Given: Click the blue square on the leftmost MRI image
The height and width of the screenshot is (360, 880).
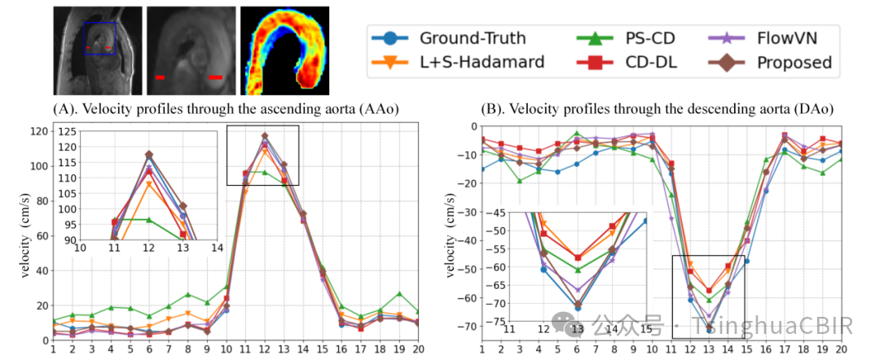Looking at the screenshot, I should tap(100, 39).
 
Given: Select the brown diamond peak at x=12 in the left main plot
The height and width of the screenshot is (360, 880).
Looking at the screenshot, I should tap(265, 136).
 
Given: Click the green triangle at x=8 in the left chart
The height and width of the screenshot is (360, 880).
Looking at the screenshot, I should tap(187, 295).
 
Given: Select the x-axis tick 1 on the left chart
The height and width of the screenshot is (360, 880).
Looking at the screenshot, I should tap(53, 349).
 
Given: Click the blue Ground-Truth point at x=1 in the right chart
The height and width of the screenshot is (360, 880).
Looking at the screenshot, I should tap(482, 169).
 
